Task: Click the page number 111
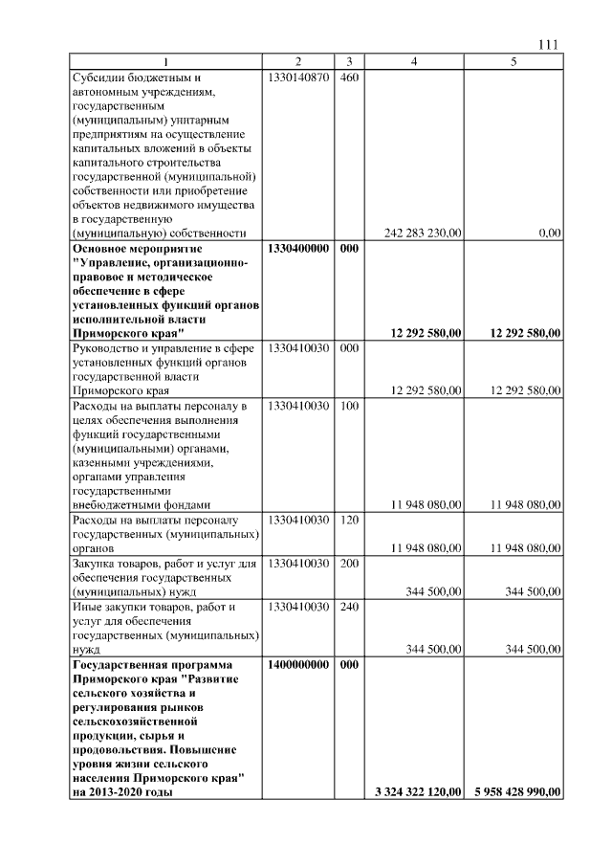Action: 549,44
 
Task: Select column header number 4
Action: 413,61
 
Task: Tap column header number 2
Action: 298,61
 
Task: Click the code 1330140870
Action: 298,77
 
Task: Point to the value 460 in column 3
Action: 348,77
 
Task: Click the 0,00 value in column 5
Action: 549,233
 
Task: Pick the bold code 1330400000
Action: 298,248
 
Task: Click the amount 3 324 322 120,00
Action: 417,791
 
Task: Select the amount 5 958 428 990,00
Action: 516,791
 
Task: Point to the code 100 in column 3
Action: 348,406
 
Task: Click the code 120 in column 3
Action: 348,520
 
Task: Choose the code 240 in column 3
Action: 348,607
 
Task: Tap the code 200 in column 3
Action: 348,564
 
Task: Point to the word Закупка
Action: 96,564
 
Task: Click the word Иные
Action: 88,607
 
